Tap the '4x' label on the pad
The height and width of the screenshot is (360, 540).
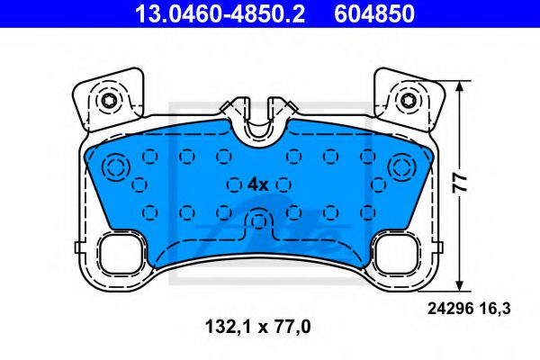[257, 184]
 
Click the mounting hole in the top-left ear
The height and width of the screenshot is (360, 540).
[109, 100]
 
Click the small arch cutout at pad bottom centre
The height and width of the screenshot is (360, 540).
[259, 220]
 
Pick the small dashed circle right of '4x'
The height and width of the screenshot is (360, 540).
[284, 184]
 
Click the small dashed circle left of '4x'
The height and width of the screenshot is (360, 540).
[230, 184]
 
